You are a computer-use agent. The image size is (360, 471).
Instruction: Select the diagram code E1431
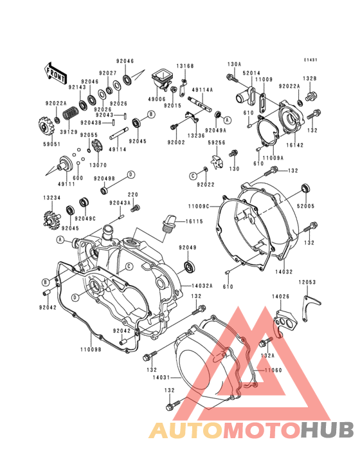(311, 60)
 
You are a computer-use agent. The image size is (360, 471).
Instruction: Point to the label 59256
(217, 143)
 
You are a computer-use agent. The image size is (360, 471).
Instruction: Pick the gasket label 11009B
(91, 350)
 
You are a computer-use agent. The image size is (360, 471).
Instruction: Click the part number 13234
(52, 198)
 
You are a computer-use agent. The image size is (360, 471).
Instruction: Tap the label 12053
(306, 282)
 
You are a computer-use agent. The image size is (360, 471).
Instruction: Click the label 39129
(69, 132)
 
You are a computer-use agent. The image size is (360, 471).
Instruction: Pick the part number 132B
(310, 78)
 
